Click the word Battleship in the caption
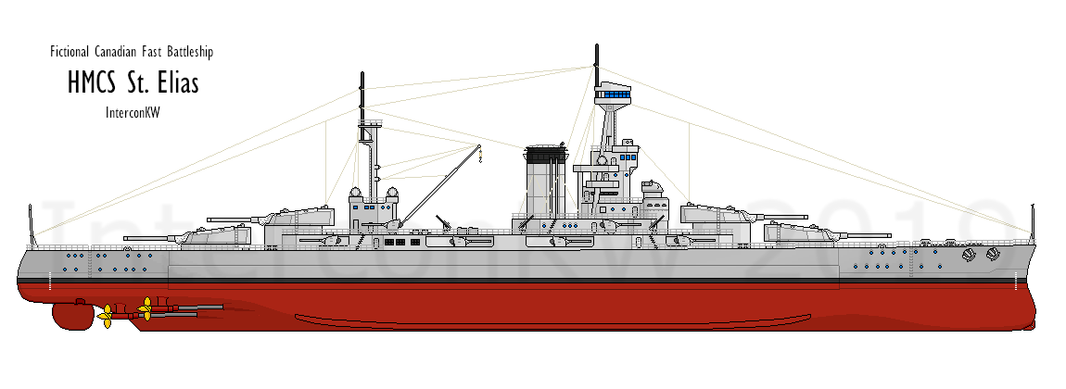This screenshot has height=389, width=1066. click(x=193, y=53)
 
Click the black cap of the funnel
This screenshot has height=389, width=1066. click(x=545, y=148)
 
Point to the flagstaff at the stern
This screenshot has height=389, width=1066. click(x=32, y=222)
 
